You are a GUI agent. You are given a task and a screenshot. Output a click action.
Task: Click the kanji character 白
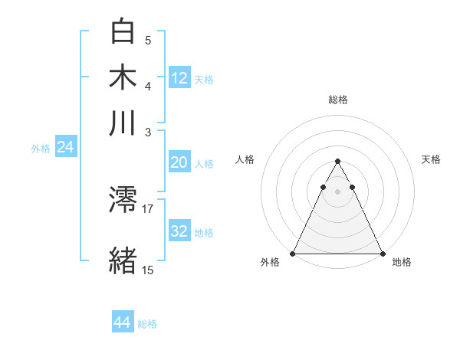coord(123,31)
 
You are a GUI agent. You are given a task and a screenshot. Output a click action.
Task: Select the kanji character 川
coord(123,123)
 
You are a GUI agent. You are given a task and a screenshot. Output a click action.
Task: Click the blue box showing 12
coord(179,78)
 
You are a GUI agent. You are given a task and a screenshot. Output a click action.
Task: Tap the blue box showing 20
coord(179,162)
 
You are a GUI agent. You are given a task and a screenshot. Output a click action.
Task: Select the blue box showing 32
coord(179,231)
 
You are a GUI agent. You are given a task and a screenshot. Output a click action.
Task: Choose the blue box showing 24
coord(65,147)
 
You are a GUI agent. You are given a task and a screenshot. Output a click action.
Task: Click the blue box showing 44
coord(123,322)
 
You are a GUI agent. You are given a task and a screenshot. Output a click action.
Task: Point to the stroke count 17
coord(148,208)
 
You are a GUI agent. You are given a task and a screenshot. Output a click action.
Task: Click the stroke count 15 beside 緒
coord(148,270)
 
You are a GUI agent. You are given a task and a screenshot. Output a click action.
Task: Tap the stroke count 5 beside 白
coord(148,40)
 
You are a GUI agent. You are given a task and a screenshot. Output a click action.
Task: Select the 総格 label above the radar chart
coord(337,100)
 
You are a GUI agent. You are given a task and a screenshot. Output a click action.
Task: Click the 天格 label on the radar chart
coord(431,159)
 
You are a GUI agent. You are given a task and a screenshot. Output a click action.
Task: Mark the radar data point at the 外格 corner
coord(293,254)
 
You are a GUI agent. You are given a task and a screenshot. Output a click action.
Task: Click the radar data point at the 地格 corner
coord(382,254)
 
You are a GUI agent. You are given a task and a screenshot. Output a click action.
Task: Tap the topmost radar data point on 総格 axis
coord(337,162)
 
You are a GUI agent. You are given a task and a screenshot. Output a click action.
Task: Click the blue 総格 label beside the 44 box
coord(147,324)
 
